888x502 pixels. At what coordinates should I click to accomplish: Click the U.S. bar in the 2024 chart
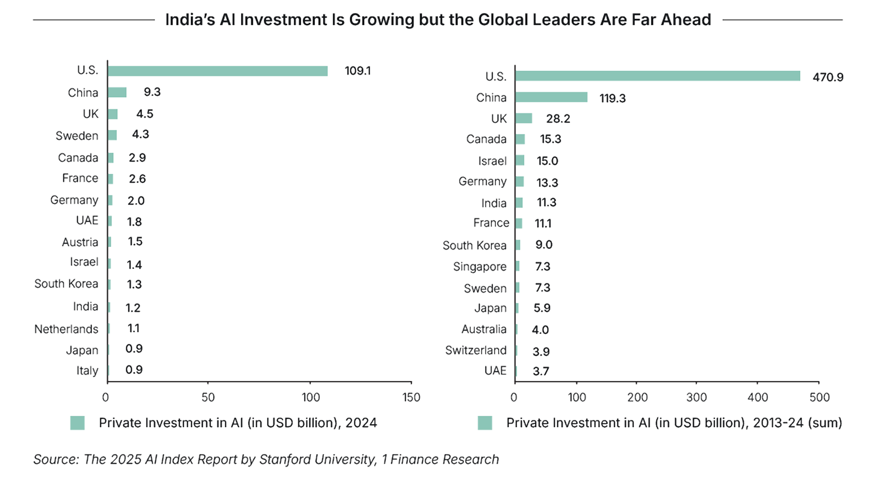point(218,71)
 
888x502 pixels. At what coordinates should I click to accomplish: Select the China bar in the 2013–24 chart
point(552,97)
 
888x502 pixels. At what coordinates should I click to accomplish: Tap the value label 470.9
point(828,77)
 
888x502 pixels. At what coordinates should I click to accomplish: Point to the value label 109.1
point(357,71)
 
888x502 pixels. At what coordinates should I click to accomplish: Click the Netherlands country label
point(66,329)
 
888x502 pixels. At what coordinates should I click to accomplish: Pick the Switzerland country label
point(476,350)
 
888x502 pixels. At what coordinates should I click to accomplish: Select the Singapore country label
point(480,267)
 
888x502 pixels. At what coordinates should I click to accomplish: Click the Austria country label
point(80,242)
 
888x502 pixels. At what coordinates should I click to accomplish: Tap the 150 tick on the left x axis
point(411,398)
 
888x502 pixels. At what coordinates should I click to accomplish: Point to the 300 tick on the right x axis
point(696,398)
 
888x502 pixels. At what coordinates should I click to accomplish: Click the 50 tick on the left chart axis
point(208,398)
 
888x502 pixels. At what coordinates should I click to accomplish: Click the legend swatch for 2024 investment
point(77,423)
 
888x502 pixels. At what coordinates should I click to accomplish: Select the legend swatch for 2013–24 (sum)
point(485,423)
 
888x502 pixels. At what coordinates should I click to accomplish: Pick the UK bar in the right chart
point(524,118)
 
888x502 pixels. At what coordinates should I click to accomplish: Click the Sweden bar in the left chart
point(113,135)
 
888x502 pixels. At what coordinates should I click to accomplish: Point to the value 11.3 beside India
point(546,203)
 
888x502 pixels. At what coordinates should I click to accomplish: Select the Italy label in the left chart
point(87,371)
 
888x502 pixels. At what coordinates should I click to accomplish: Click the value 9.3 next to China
point(152,92)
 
